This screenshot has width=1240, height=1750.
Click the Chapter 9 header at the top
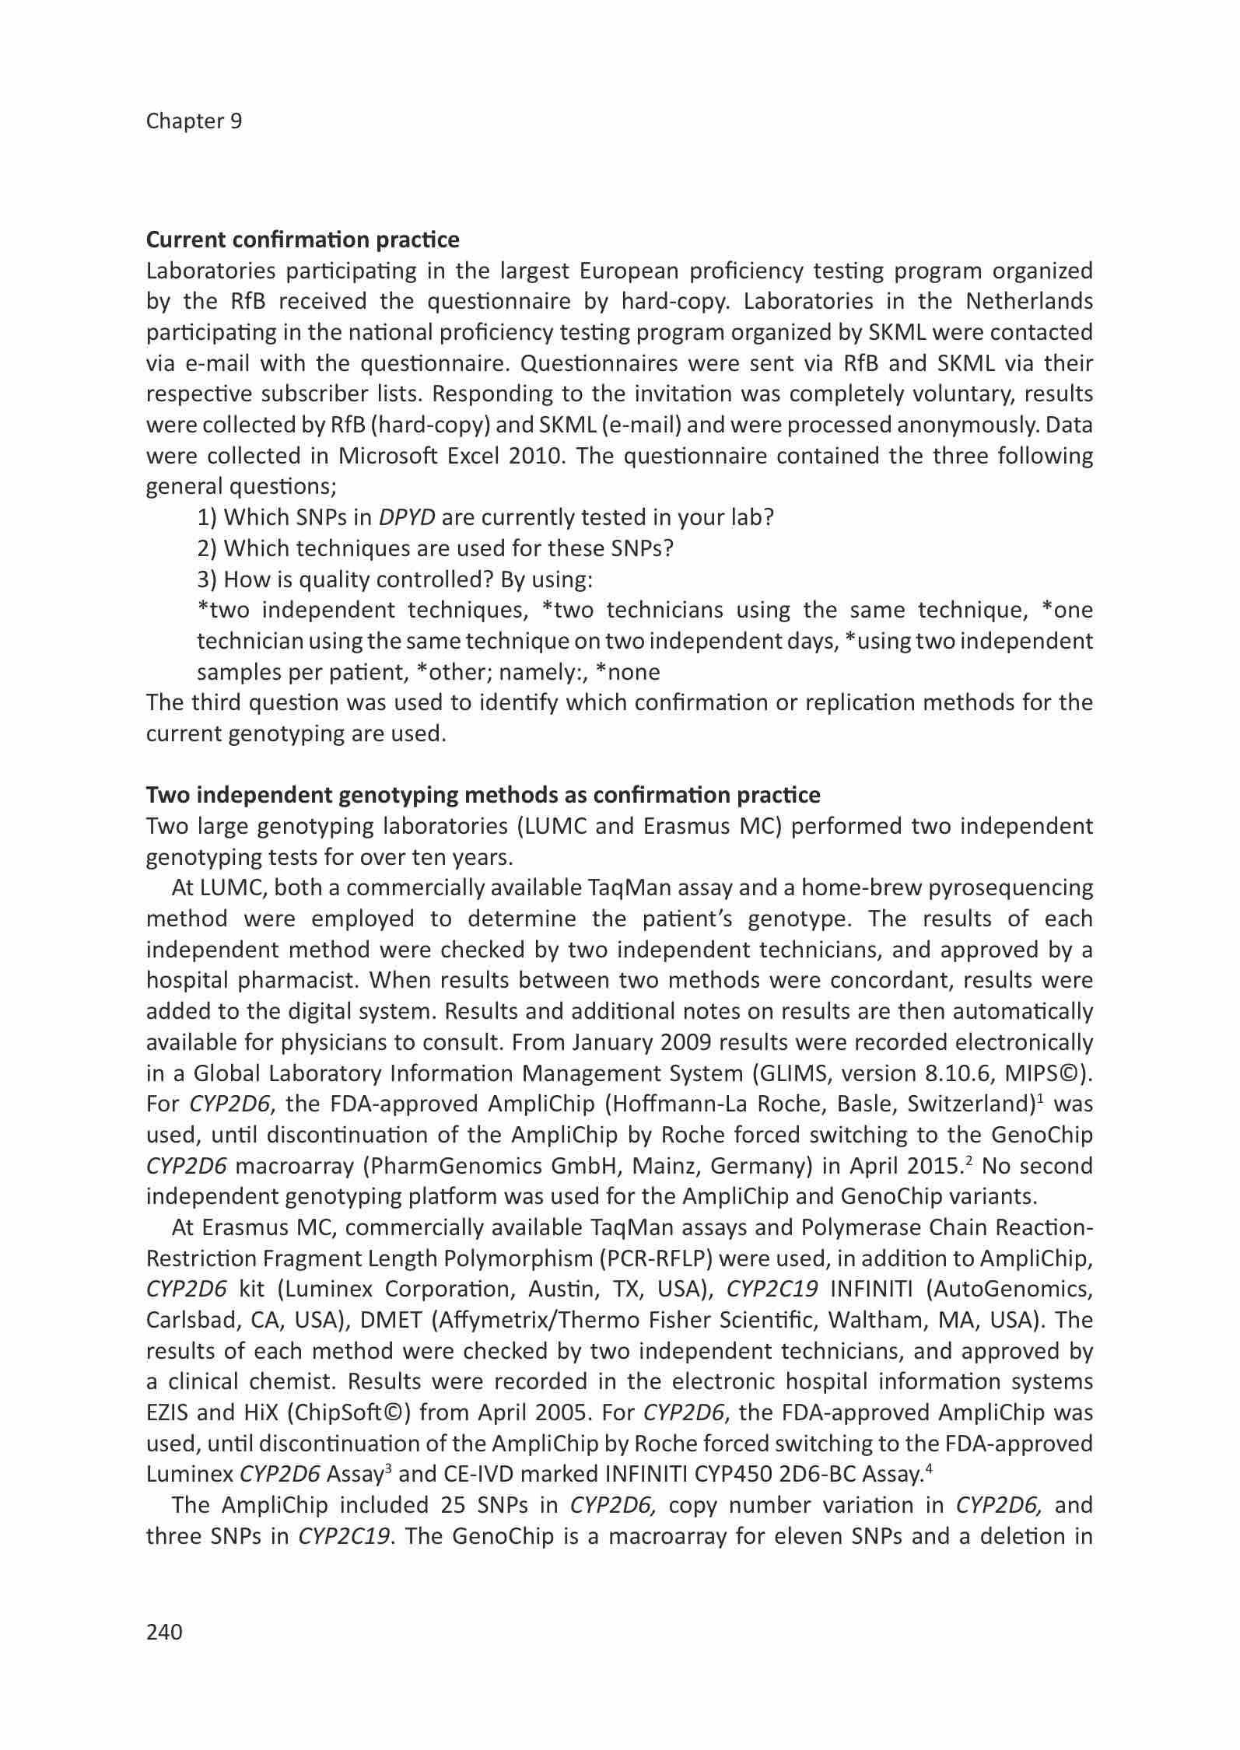pyautogui.click(x=194, y=121)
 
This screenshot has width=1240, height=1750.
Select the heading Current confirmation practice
pyautogui.click(x=303, y=240)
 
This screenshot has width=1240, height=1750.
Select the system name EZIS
pyautogui.click(x=171, y=1412)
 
